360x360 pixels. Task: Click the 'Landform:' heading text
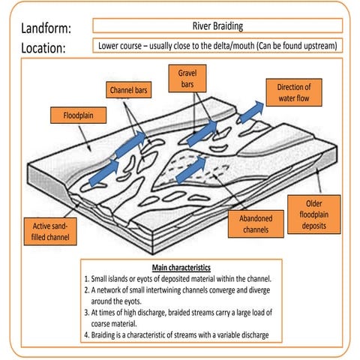coord(46,28)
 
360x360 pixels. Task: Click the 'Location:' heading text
coord(43,49)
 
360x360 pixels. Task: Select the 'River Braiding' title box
coord(217,25)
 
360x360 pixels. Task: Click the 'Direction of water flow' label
coord(288,92)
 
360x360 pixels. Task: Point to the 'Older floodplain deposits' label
coord(314,215)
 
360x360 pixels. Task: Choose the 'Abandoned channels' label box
coord(256,223)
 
